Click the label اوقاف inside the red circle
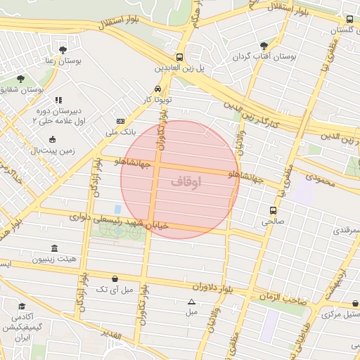point(186,181)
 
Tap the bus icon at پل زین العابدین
point(179,58)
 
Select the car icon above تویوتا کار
point(157,89)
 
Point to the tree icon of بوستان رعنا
point(64,50)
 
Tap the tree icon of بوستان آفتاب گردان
point(264,45)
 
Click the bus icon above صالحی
point(273,210)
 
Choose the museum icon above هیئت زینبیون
point(55,248)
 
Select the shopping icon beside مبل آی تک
point(115,278)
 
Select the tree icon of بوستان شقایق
point(19,78)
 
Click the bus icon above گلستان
point(349,20)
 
